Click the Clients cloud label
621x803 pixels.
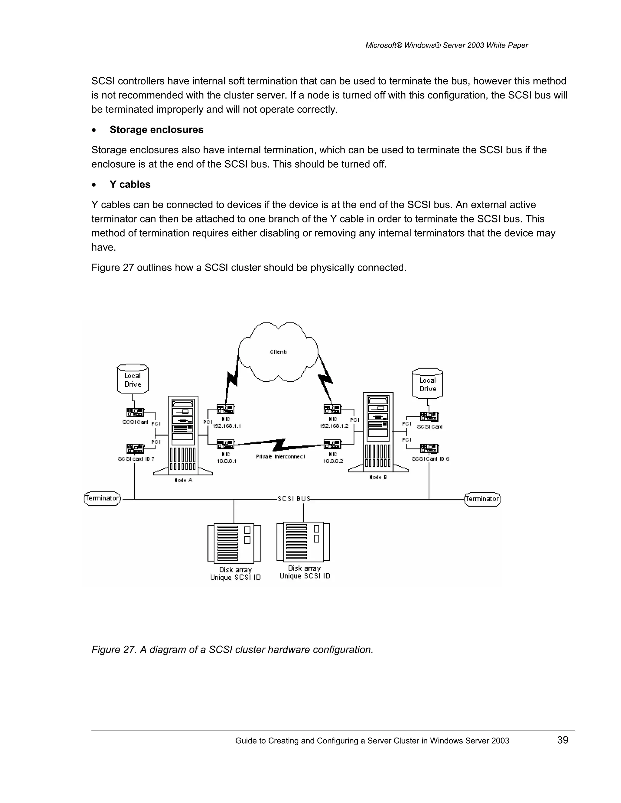click(x=278, y=352)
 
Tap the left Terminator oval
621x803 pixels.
click(x=102, y=498)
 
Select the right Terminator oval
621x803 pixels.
click(x=482, y=499)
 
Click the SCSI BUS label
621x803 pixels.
click(x=294, y=498)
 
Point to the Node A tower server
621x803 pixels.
click(x=183, y=436)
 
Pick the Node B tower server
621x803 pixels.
click(x=378, y=432)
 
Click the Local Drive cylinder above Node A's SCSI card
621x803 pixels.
click(x=133, y=379)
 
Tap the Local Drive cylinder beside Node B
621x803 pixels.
click(x=428, y=384)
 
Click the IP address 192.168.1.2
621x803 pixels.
click(x=334, y=426)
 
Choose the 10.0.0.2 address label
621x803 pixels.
click(x=333, y=461)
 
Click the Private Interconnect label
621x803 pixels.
click(x=280, y=457)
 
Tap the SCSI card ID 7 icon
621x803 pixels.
click(x=135, y=448)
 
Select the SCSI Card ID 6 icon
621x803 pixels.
click(x=429, y=448)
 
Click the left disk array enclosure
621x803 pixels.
click(x=234, y=543)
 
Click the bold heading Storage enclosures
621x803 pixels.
click(x=156, y=130)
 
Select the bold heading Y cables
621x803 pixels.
click(x=130, y=185)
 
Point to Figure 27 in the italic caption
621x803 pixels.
click(x=113, y=650)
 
